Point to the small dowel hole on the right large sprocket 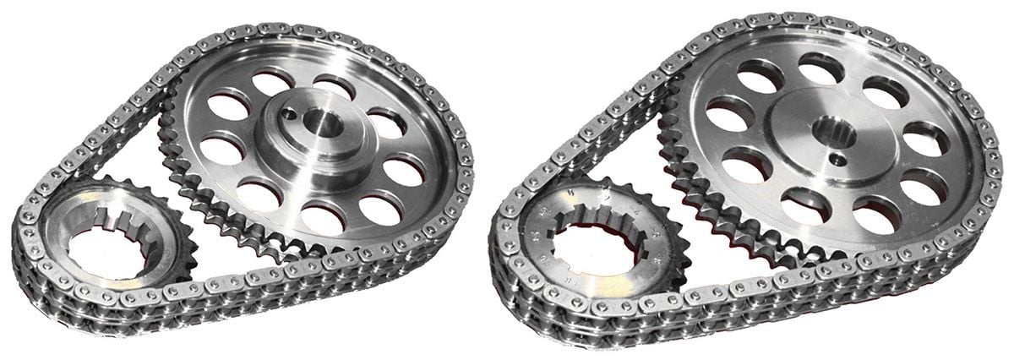point(835,159)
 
